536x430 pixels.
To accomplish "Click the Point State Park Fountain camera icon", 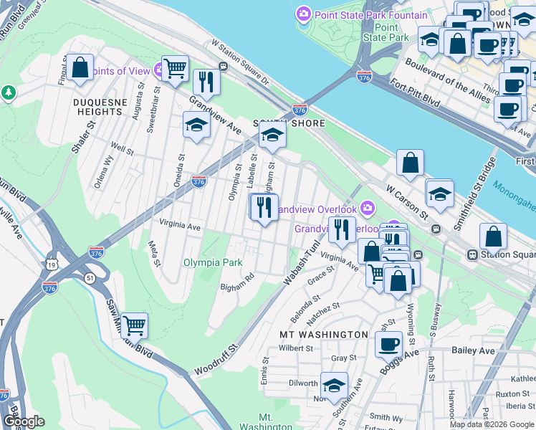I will [304, 15].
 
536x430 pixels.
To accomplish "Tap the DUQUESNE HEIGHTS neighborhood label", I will [97, 107].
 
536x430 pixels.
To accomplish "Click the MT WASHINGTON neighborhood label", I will [323, 335].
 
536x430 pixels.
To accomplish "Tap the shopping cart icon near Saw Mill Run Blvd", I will [134, 325].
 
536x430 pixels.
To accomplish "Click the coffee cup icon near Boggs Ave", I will [389, 343].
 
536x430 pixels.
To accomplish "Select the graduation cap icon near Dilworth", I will [334, 386].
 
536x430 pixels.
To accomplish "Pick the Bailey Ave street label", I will [474, 350].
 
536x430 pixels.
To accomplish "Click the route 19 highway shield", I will [52, 264].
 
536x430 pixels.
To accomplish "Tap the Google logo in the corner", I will [24, 421].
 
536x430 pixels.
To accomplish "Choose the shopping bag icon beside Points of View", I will [80, 69].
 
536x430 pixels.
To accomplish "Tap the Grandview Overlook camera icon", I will [368, 209].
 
